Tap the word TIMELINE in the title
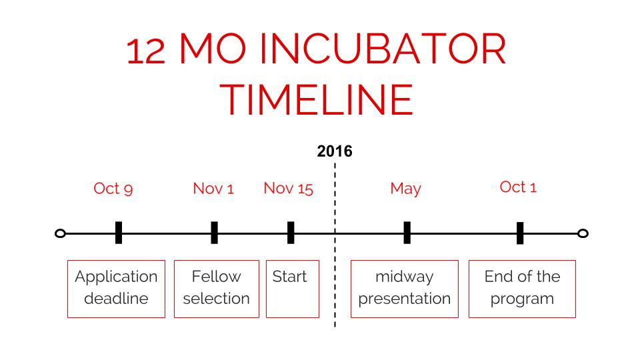click(x=317, y=99)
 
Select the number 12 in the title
click(x=146, y=51)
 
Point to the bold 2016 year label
click(x=335, y=151)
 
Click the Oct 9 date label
click(x=113, y=189)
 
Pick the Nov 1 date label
click(x=213, y=189)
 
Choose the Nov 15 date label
click(x=288, y=189)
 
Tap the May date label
click(x=405, y=189)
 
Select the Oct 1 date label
click(x=518, y=187)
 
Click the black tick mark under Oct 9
click(x=119, y=233)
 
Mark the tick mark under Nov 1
click(x=214, y=233)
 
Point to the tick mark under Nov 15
click(x=291, y=233)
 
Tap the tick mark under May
click(x=407, y=233)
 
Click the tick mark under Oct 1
click(x=520, y=233)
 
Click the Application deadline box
click(x=68, y=289)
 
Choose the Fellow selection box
click(x=174, y=289)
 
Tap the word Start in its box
click(x=289, y=277)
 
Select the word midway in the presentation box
click(x=405, y=277)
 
